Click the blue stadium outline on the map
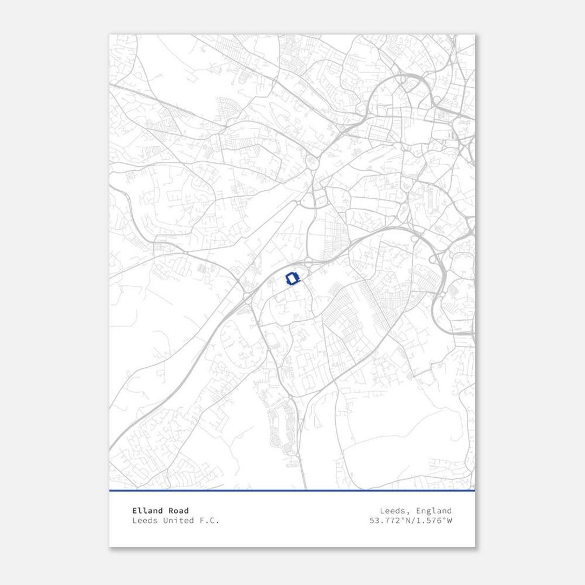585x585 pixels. click(292, 279)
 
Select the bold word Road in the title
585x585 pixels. click(178, 510)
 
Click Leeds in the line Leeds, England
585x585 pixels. click(392, 510)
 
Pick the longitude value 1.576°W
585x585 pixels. click(433, 521)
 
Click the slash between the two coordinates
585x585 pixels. click(413, 521)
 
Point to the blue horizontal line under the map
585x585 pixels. click(292, 491)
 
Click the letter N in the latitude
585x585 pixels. click(407, 521)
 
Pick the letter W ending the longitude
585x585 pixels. click(449, 521)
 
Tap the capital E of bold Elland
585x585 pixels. click(135, 510)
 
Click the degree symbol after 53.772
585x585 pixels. click(402, 518)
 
